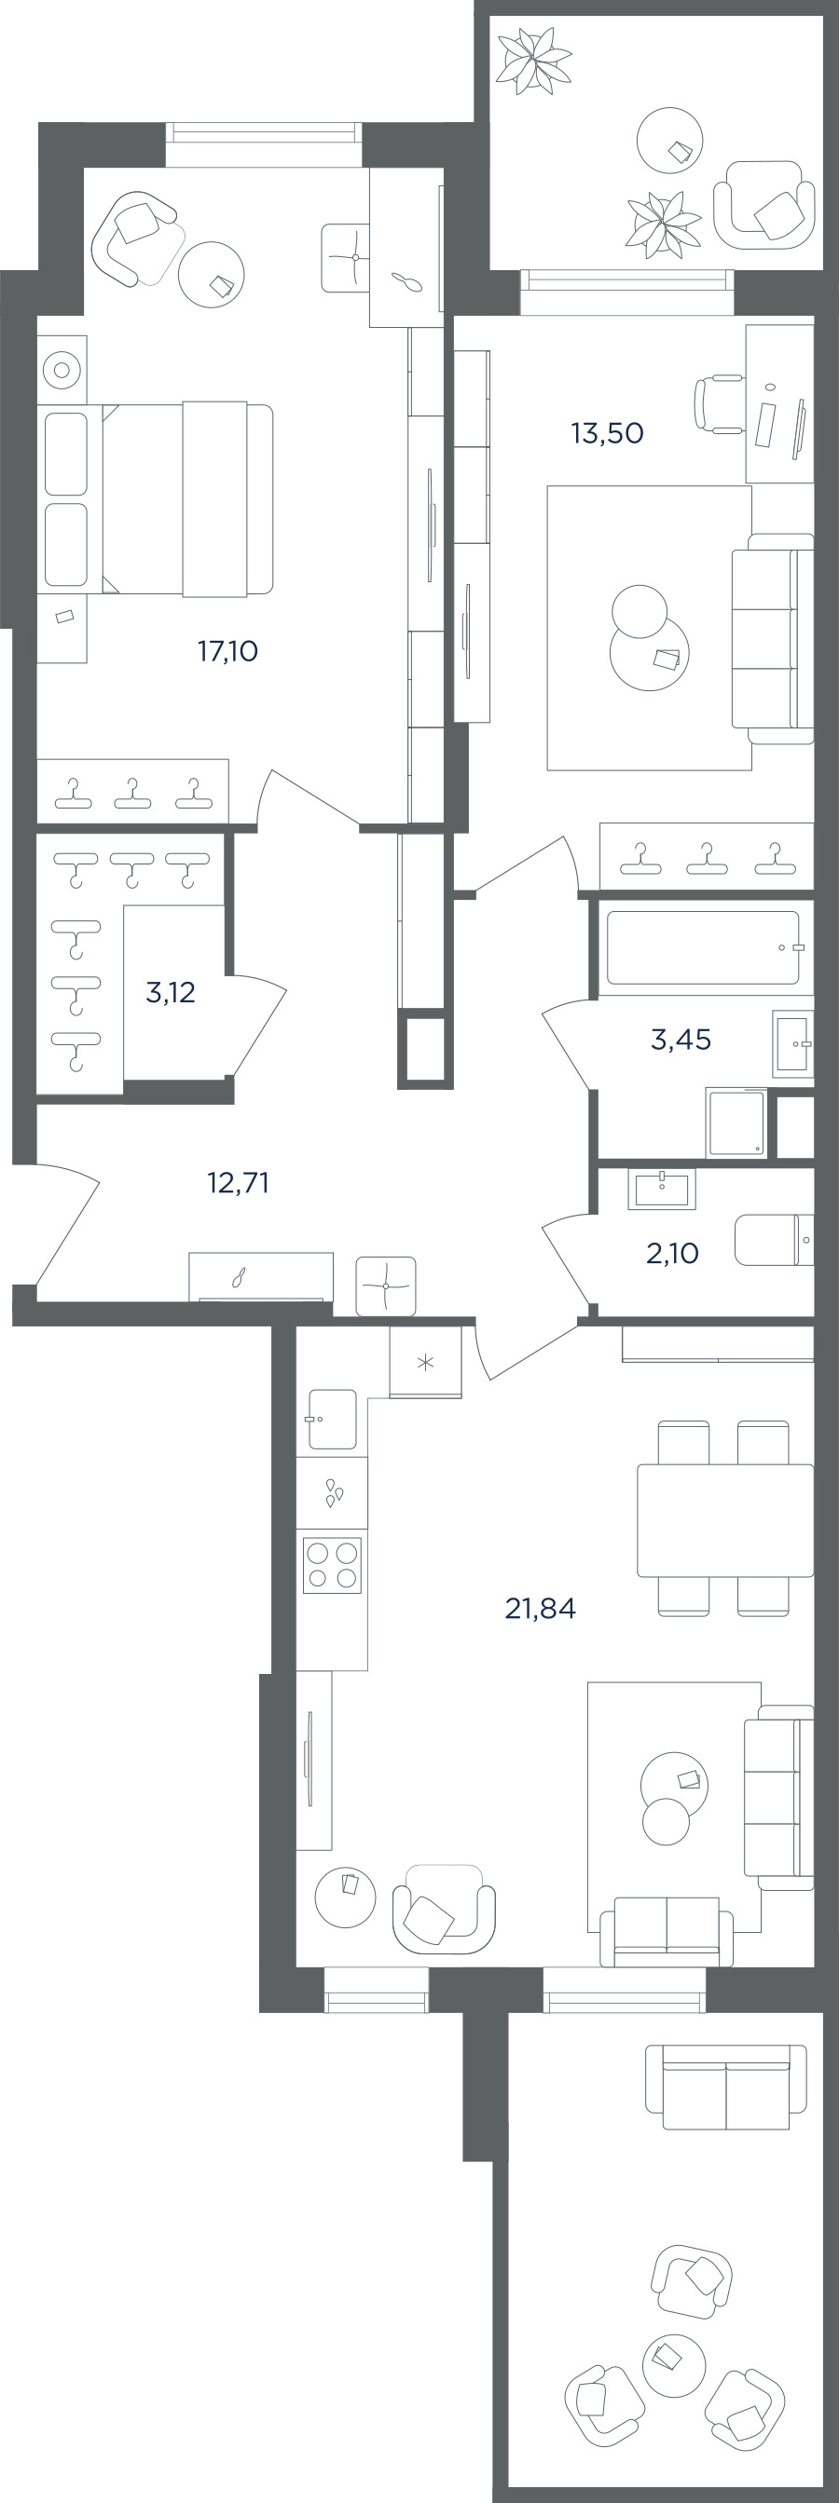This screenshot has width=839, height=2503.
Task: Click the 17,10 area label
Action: pos(227,651)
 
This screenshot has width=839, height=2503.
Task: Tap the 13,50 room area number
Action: pos(607,432)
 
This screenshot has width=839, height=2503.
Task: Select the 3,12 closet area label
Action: pos(171,992)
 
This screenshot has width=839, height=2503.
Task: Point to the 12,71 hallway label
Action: pos(239,1182)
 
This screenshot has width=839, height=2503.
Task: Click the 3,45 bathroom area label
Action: pos(681,1040)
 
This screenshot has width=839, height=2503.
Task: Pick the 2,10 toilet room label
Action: pos(672,1254)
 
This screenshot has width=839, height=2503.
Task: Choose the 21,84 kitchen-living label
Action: pos(541,1609)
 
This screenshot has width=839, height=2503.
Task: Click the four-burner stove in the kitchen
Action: pos(333,1565)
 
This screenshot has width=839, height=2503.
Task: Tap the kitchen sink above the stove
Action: pos(333,1420)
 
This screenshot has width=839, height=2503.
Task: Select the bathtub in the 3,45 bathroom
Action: pos(703,947)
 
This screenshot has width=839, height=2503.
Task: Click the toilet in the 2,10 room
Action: pos(774,1240)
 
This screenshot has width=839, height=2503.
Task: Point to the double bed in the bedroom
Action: pos(156,498)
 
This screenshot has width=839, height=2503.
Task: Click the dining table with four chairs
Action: pos(724,1519)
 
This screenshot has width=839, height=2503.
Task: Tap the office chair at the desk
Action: pos(718,404)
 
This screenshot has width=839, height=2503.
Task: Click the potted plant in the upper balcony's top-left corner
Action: pos(534,61)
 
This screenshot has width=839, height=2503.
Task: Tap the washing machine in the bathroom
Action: pos(736,1122)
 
